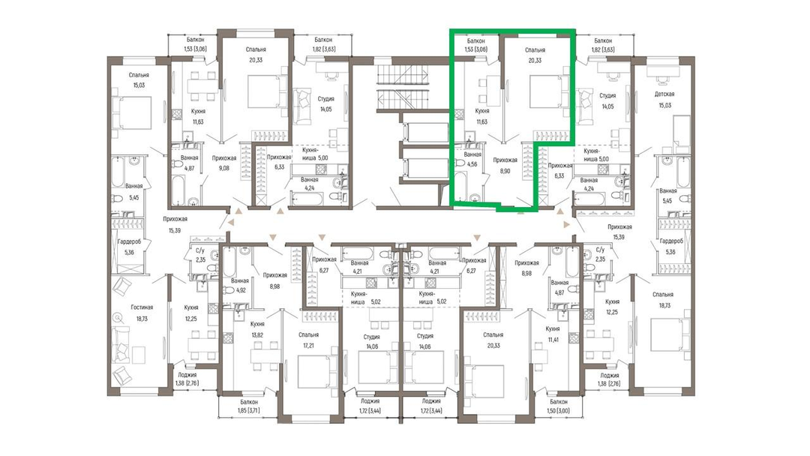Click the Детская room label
[x=664, y=94]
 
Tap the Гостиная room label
[x=142, y=307]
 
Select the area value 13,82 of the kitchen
[x=257, y=335]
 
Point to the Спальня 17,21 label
[x=308, y=340]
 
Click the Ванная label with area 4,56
[x=472, y=160]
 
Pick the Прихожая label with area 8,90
[x=505, y=166]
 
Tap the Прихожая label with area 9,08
[x=224, y=163]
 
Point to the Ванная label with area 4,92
[x=240, y=286]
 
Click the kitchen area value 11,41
[x=553, y=340]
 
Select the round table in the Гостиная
[x=119, y=317]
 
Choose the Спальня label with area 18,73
[x=663, y=300]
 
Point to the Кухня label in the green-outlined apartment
[x=481, y=111]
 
